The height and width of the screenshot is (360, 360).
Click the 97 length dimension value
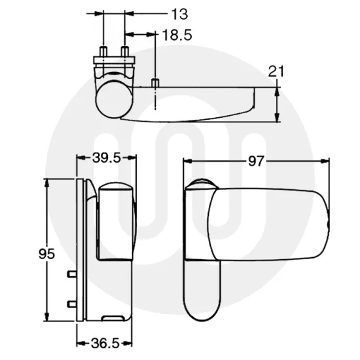tap(257, 160)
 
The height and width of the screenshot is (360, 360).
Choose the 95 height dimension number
tap(46, 253)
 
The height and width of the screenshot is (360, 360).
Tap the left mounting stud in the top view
tap(103, 52)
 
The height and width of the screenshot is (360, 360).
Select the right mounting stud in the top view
tap(124, 52)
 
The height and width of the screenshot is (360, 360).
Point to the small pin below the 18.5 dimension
tap(154, 82)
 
